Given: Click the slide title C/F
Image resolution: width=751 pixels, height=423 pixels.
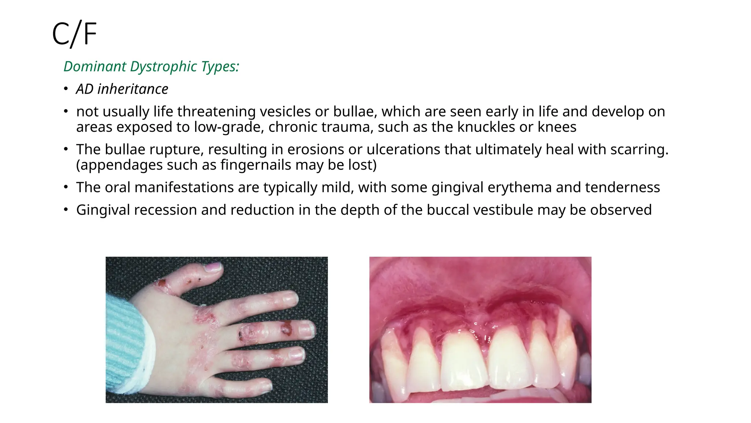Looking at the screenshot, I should (x=74, y=34).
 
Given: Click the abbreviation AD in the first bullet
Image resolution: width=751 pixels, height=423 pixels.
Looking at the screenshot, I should (x=85, y=89).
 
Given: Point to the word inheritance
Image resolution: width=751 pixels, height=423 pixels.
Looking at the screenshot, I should (x=133, y=89).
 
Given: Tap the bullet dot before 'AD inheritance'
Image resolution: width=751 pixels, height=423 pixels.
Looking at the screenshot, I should (x=66, y=89).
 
